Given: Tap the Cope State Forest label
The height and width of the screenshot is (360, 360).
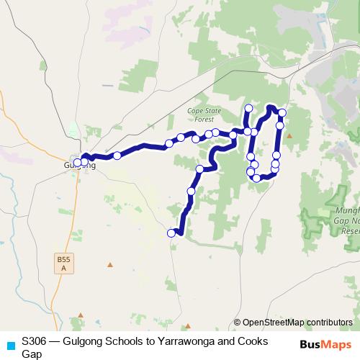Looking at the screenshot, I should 203,115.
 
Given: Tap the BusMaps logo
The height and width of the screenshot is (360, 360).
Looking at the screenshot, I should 325,344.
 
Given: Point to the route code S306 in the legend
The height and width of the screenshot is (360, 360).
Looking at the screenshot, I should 35,341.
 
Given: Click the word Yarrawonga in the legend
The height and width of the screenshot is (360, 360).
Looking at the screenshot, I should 176,341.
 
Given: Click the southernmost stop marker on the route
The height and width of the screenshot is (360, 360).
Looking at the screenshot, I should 171,233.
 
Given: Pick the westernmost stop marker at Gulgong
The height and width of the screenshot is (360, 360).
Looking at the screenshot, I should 77,163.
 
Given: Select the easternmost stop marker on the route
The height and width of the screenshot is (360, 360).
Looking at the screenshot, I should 282,113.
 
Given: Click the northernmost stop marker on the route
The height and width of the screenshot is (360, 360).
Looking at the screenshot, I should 248,108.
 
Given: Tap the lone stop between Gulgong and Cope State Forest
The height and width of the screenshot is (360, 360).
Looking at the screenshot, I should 117,156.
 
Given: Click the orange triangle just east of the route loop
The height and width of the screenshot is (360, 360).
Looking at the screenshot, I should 289,135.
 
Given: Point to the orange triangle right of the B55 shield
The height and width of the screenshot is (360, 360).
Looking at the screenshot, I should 110,264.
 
